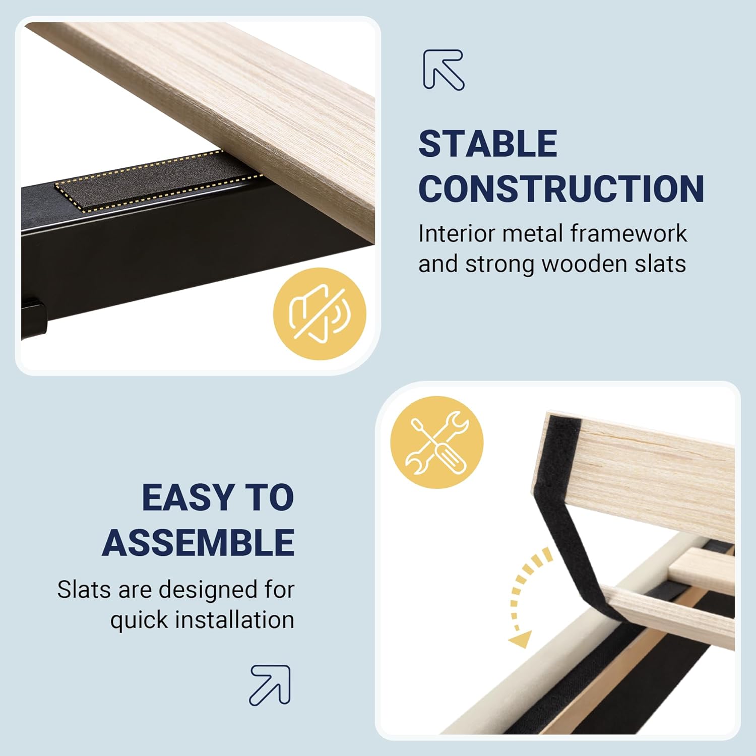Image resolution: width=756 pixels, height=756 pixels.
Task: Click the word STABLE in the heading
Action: click(488, 144)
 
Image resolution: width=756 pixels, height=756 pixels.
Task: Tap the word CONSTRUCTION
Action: click(561, 189)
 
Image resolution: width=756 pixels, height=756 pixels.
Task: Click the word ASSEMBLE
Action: click(199, 543)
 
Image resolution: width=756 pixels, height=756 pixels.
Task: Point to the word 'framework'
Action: click(628, 233)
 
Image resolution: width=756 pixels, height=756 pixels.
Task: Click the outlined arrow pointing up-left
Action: click(443, 70)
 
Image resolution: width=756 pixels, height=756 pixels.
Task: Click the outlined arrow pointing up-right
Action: click(270, 685)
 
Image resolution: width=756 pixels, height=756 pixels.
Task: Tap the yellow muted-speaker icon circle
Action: click(320, 313)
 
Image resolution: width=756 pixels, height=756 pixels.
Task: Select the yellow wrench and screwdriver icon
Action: click(437, 443)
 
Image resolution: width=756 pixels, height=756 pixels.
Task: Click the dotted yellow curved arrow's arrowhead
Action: click(520, 638)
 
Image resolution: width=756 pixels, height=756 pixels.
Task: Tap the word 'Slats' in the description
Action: click(84, 589)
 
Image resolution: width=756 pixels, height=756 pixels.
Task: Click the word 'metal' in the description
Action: click(532, 233)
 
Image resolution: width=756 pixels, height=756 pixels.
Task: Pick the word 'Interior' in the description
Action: click(457, 233)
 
